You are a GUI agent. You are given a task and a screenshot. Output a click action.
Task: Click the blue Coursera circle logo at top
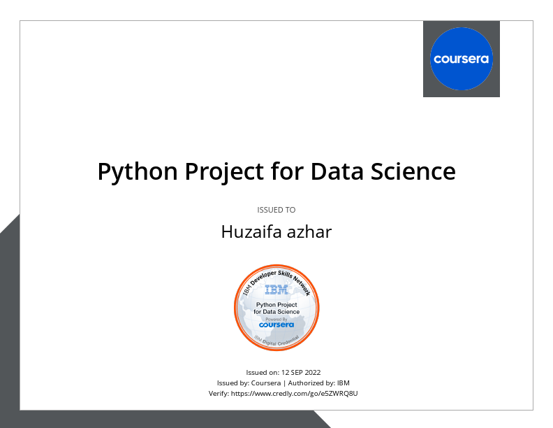[x=462, y=59]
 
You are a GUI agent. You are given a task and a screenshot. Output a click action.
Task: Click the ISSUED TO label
[x=276, y=210]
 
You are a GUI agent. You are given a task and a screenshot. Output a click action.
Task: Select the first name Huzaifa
[x=251, y=232]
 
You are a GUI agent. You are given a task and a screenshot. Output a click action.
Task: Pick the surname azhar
[x=309, y=232]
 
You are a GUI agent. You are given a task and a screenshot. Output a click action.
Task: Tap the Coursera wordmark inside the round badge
[x=276, y=325]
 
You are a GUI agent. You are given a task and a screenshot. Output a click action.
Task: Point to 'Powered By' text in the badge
[x=276, y=319]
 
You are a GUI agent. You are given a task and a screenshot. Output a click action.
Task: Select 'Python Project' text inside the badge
[x=276, y=305]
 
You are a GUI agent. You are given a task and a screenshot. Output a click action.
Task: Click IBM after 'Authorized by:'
[x=344, y=383]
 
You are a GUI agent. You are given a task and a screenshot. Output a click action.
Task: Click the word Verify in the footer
[x=219, y=394]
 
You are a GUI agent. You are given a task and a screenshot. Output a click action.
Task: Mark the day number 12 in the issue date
[x=283, y=373]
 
